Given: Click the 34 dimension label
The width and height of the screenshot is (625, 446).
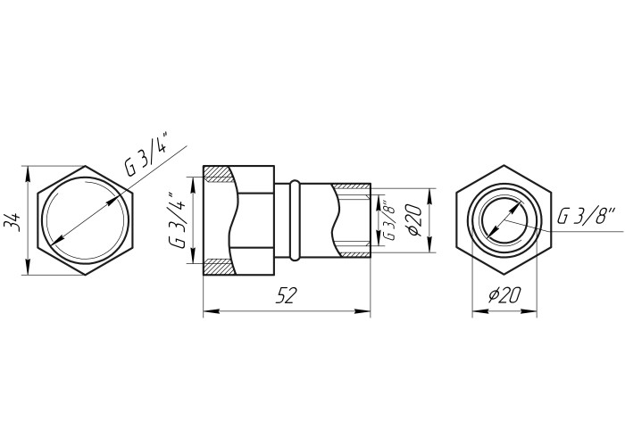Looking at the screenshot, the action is coord(12,222).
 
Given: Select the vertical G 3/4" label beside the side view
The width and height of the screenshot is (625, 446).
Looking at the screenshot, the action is coord(176,220).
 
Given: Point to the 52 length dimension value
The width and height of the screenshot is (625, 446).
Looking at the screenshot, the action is coord(287,295).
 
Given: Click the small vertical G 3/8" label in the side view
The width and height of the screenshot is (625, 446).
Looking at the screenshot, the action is coord(389,221).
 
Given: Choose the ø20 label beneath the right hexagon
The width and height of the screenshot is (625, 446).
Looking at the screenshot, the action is coord(504,295).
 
